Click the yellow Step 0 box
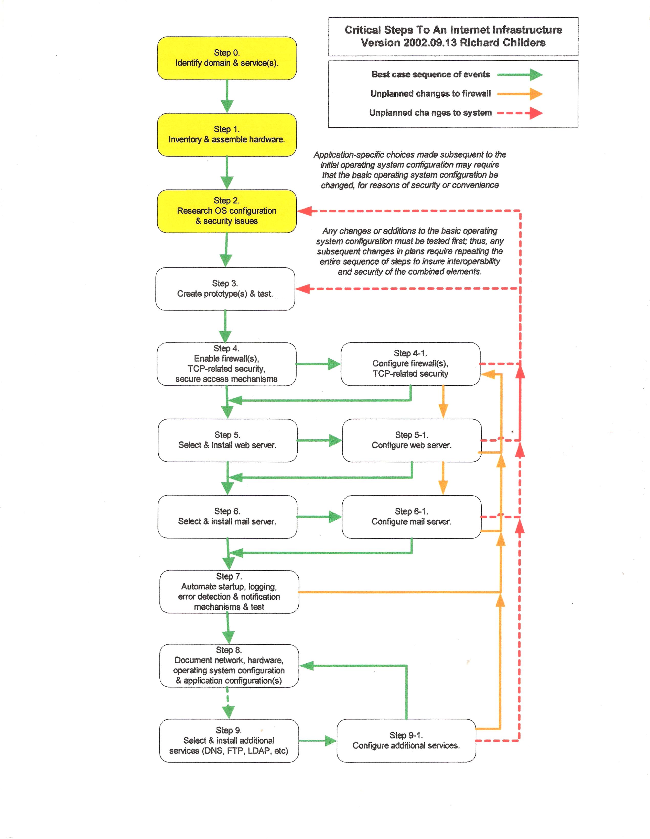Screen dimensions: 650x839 coord(227,58)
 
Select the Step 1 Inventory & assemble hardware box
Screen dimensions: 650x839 coord(227,135)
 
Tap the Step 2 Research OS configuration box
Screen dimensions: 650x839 coord(227,211)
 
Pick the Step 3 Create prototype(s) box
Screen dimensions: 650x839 coord(225,289)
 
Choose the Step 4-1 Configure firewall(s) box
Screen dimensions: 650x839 coord(410,364)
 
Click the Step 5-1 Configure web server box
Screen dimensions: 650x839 coord(412,440)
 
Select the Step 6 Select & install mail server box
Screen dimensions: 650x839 coord(227,517)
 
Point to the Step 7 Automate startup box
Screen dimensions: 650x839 coord(229,592)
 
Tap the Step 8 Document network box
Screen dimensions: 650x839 coord(229,666)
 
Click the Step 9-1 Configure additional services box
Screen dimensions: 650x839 coord(406,741)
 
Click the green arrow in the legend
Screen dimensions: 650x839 coord(520,74)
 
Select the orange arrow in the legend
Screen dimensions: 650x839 coord(520,94)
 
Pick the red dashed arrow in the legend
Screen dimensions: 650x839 coord(520,113)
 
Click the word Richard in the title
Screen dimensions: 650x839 coord(480,43)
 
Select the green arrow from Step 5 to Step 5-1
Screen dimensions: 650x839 coord(319,440)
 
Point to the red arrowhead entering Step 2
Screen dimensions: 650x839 coord(305,211)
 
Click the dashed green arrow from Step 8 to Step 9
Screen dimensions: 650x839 coord(228,703)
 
